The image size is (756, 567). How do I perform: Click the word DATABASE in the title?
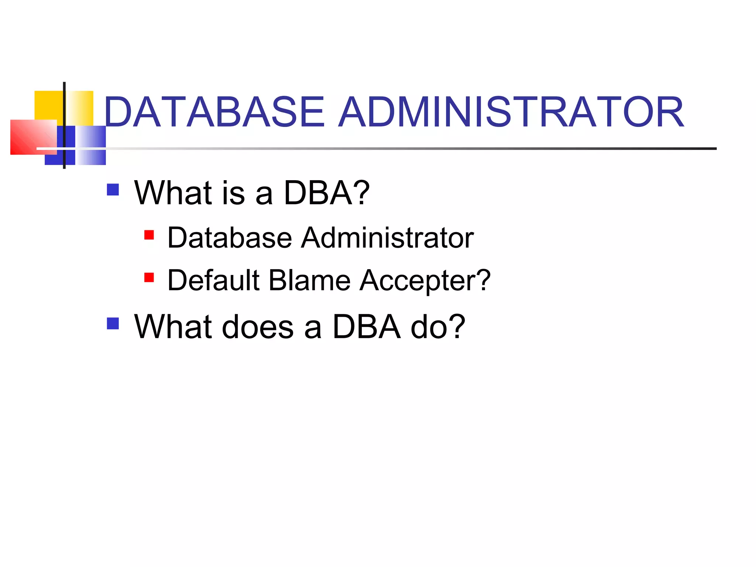point(214,112)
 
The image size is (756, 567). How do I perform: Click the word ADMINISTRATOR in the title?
point(511,112)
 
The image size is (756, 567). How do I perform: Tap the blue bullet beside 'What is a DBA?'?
point(113,190)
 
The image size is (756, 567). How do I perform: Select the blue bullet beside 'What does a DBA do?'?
point(113,323)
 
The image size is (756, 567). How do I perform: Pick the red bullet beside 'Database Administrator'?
point(149,235)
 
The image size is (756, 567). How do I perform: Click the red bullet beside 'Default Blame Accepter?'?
point(149,277)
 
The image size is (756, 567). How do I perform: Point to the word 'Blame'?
point(309,280)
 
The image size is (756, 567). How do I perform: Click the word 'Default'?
point(214,280)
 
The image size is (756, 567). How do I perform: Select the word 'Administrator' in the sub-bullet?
point(387,238)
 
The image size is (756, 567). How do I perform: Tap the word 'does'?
point(258,327)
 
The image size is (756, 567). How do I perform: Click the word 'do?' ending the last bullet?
point(438,327)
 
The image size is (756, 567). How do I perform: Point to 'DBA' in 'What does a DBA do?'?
point(366,327)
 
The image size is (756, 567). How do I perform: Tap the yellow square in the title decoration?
point(48,105)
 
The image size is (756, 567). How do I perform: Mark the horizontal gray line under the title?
point(406,148)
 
